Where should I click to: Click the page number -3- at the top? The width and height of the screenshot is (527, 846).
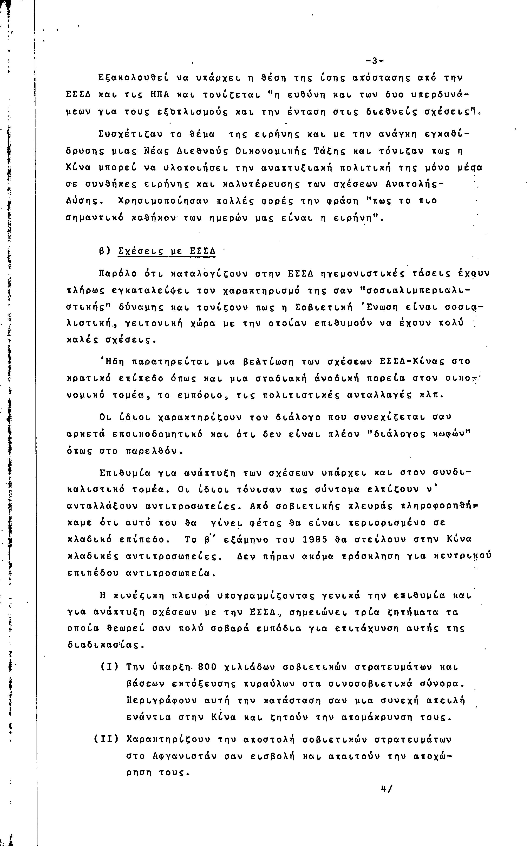click(x=374, y=61)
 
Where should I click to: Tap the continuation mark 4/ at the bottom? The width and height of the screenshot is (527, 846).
click(x=387, y=789)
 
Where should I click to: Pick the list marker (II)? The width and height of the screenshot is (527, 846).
click(x=106, y=739)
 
